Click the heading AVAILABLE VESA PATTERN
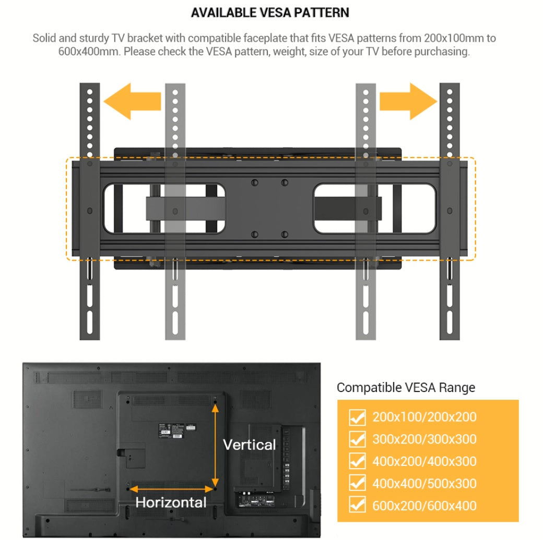click(270, 13)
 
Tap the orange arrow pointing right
click(408, 101)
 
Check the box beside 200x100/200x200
click(357, 417)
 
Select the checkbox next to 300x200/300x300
click(357, 439)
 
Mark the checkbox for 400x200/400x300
click(357, 461)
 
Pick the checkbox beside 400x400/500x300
click(357, 483)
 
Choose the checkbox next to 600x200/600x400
click(357, 506)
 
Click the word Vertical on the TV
click(249, 445)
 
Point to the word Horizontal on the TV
click(171, 502)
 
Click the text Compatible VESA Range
click(406, 387)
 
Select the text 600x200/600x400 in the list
click(424, 506)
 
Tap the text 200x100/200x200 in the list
click(424, 417)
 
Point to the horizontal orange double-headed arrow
click(172, 489)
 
